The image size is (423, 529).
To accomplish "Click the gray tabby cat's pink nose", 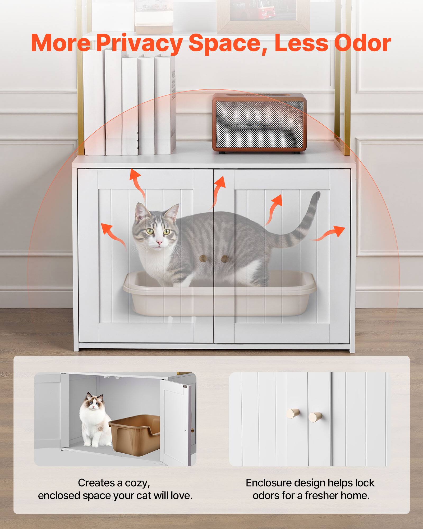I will click(x=159, y=242).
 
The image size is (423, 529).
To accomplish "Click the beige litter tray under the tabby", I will click(x=219, y=296).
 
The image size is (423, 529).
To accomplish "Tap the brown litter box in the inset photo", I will click(x=135, y=434).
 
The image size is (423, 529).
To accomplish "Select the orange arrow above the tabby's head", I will click(x=137, y=183).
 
